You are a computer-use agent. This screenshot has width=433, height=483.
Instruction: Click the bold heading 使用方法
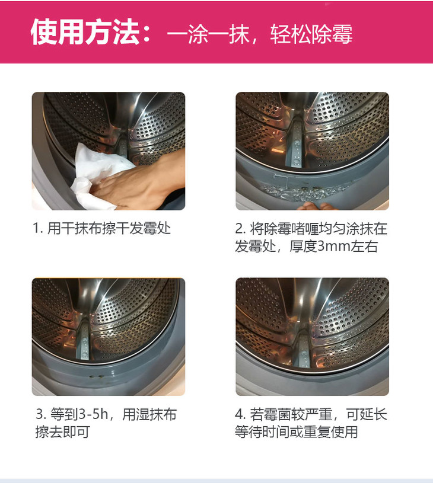pyautogui.click(x=85, y=32)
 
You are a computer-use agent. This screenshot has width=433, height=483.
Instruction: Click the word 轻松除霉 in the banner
pyautogui.click(x=311, y=34)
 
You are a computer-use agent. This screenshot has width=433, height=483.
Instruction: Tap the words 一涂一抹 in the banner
pyautogui.click(x=208, y=34)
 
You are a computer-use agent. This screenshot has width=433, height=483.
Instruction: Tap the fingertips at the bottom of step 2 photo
pyautogui.click(x=315, y=206)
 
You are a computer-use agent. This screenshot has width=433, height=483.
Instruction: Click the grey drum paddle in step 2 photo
pyautogui.click(x=295, y=144)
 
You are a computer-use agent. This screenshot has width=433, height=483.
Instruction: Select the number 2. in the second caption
pyautogui.click(x=240, y=229)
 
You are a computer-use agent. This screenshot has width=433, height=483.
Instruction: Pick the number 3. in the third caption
pyautogui.click(x=41, y=414)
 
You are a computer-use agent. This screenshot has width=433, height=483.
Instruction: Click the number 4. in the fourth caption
pyautogui.click(x=240, y=414)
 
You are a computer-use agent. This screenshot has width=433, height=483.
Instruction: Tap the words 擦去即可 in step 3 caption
pyautogui.click(x=63, y=432)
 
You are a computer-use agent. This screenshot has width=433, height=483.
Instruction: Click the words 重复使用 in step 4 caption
pyautogui.click(x=330, y=432)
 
